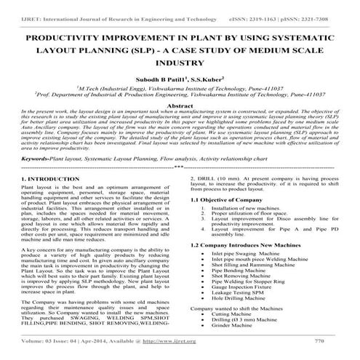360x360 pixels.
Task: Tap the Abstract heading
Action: (x=180, y=107)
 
